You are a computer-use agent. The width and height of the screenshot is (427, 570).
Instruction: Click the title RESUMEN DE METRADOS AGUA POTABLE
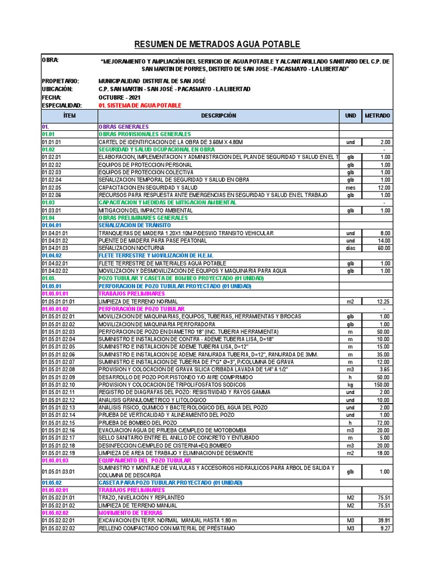pyautogui.click(x=218, y=44)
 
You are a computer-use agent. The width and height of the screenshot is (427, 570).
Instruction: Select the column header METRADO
pyautogui.click(x=377, y=116)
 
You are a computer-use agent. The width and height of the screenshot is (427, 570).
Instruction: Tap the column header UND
pyautogui.click(x=350, y=116)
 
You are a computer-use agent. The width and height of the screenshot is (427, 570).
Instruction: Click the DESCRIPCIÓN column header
pyautogui.click(x=218, y=116)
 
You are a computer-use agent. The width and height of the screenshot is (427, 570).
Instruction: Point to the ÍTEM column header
pyautogui.click(x=69, y=116)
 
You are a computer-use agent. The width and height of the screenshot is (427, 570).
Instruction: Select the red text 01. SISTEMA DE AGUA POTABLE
pyautogui.click(x=140, y=105)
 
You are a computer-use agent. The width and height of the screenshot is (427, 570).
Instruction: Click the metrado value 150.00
pyautogui.click(x=381, y=384)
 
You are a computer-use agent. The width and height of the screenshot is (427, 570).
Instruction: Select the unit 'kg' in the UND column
pyautogui.click(x=350, y=384)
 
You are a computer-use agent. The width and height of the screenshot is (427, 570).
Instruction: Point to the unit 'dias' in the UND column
pyautogui.click(x=350, y=248)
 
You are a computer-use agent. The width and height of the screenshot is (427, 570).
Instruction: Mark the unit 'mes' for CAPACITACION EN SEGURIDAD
pyautogui.click(x=350, y=188)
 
